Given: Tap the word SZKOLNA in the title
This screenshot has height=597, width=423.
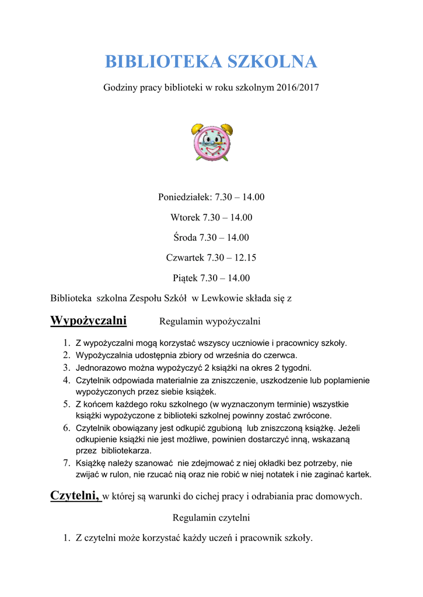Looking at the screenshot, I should tap(272, 62).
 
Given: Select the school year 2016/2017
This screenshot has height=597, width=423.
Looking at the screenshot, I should tap(296, 88).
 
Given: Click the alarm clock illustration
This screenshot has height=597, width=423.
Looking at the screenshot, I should tap(211, 142).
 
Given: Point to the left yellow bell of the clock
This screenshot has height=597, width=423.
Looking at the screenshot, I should tap(197, 128).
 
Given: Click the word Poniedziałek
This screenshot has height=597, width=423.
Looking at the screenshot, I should tap(185, 197).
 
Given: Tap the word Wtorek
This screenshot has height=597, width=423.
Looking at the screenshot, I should tap(185, 217).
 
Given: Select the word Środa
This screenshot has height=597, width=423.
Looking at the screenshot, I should tap(185, 237).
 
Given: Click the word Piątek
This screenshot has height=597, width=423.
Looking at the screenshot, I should tap(185, 278).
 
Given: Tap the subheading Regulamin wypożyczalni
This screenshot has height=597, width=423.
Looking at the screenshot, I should tap(209, 321).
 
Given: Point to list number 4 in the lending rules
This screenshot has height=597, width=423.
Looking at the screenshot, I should tap(67, 380).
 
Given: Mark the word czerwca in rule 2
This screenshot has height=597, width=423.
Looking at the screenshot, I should tap(282, 355).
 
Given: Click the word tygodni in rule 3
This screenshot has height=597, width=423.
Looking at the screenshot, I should tap(293, 368).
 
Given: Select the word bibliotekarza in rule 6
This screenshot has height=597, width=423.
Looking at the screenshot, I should tap(127, 451).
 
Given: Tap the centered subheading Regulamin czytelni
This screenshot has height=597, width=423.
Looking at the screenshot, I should tap(211, 517).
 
